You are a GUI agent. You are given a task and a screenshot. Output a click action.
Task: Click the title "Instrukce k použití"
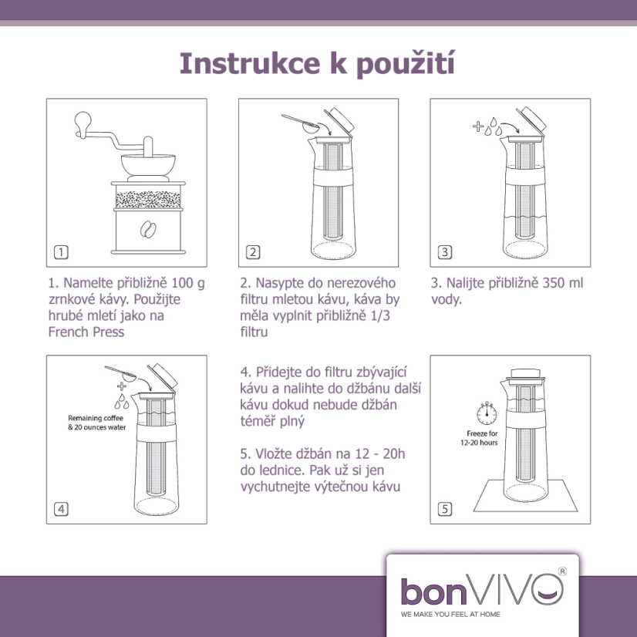pos(317,64)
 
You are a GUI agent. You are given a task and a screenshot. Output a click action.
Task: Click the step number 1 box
pos(61,251)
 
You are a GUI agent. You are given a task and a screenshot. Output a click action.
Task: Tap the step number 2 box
pos(252,251)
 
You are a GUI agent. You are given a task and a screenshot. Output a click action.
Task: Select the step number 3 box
pos(444,251)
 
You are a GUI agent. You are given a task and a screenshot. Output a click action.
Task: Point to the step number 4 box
pos(61,508)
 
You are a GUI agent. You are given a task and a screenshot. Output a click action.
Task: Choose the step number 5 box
pos(444,508)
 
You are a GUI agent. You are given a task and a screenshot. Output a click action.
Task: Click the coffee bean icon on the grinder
pos(146,228)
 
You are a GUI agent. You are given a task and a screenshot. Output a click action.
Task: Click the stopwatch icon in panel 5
pos(486,414)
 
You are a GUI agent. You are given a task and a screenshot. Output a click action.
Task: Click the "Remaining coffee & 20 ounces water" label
pos(97,422)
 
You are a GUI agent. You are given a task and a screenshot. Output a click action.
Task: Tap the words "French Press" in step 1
pos(86,332)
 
